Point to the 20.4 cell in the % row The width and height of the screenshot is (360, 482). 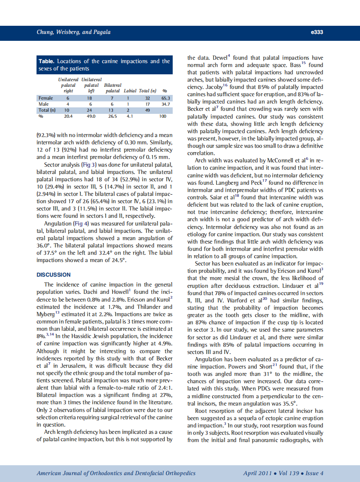click(68, 116)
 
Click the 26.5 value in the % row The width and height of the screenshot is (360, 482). click(113, 116)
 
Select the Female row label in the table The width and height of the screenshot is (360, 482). click(46, 98)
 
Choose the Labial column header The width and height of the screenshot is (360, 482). click(130, 91)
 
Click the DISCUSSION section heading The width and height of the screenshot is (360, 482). click(54, 275)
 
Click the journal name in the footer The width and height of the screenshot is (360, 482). click(116, 473)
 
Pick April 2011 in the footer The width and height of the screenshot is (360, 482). click(257, 473)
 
